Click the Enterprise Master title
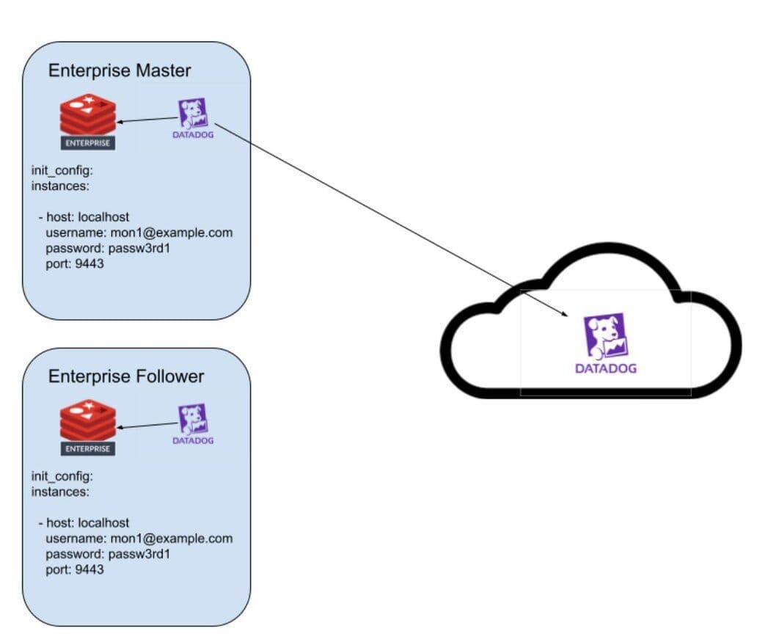coord(120,70)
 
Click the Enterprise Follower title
coord(126,376)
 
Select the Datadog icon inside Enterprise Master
coord(193,119)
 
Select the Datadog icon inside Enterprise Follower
coord(193,424)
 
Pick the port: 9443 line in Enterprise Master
coord(75,263)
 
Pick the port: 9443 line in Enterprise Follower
coord(75,569)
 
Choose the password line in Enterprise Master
coord(108,248)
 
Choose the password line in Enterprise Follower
coord(108,553)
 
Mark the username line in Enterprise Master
coord(139,233)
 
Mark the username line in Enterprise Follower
coord(139,538)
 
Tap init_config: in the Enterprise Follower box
coord(62,476)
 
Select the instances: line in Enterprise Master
coord(60,186)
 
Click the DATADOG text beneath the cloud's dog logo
coord(605,368)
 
